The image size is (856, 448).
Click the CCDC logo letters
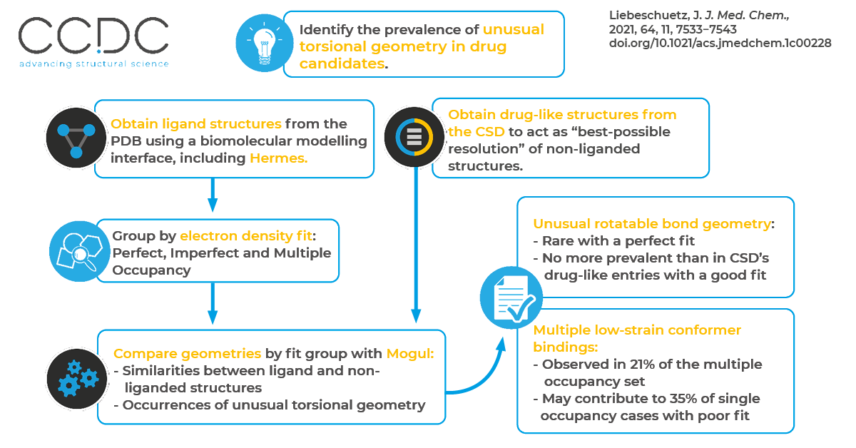pos(93,36)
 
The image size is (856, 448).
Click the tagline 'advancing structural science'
pos(93,63)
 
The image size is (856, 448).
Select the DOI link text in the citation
pos(720,44)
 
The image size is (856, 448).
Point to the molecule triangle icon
pos(75,136)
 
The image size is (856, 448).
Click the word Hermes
pos(278,158)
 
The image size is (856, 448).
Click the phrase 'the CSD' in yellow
pos(477,132)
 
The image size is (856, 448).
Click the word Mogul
pos(409,353)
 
